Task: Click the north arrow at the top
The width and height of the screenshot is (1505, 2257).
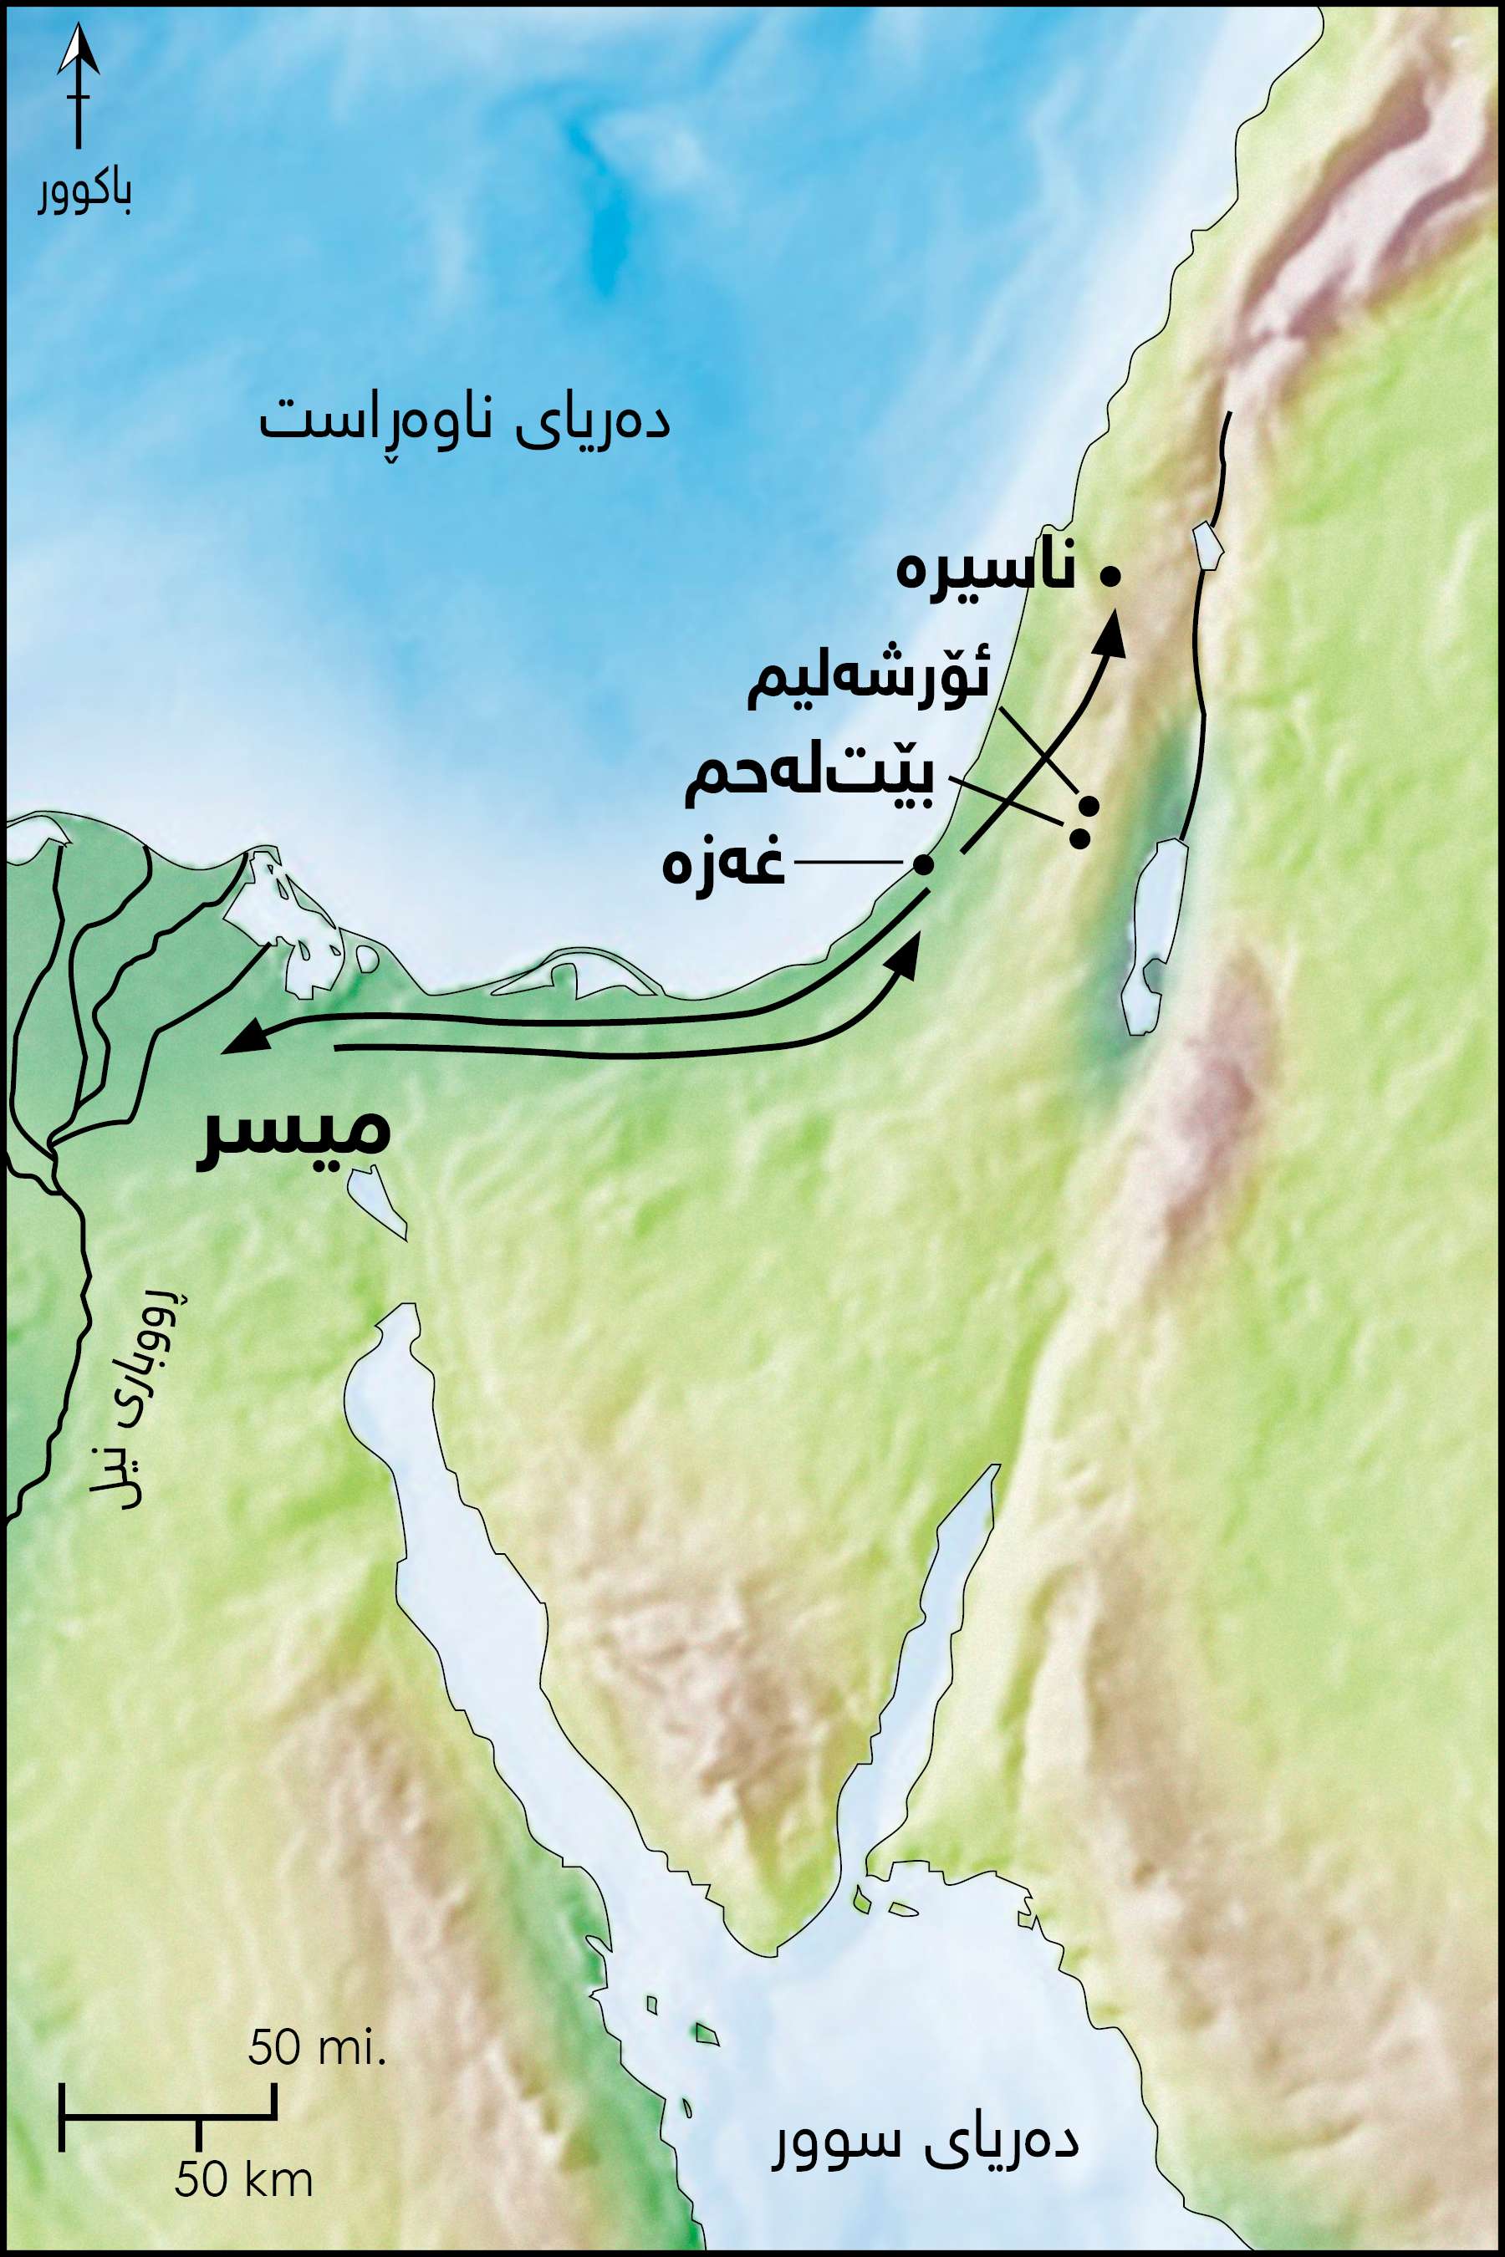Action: tap(77, 86)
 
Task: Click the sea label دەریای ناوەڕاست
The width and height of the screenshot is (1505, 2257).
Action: tap(465, 423)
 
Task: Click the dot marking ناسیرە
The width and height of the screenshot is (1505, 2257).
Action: tap(1110, 576)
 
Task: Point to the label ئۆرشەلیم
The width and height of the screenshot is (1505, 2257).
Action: tap(869, 682)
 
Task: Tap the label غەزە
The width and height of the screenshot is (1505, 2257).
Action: tap(724, 864)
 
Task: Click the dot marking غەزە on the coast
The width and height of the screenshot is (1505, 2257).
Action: tap(923, 864)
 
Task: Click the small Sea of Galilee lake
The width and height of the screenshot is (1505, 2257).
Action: tap(1207, 545)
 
